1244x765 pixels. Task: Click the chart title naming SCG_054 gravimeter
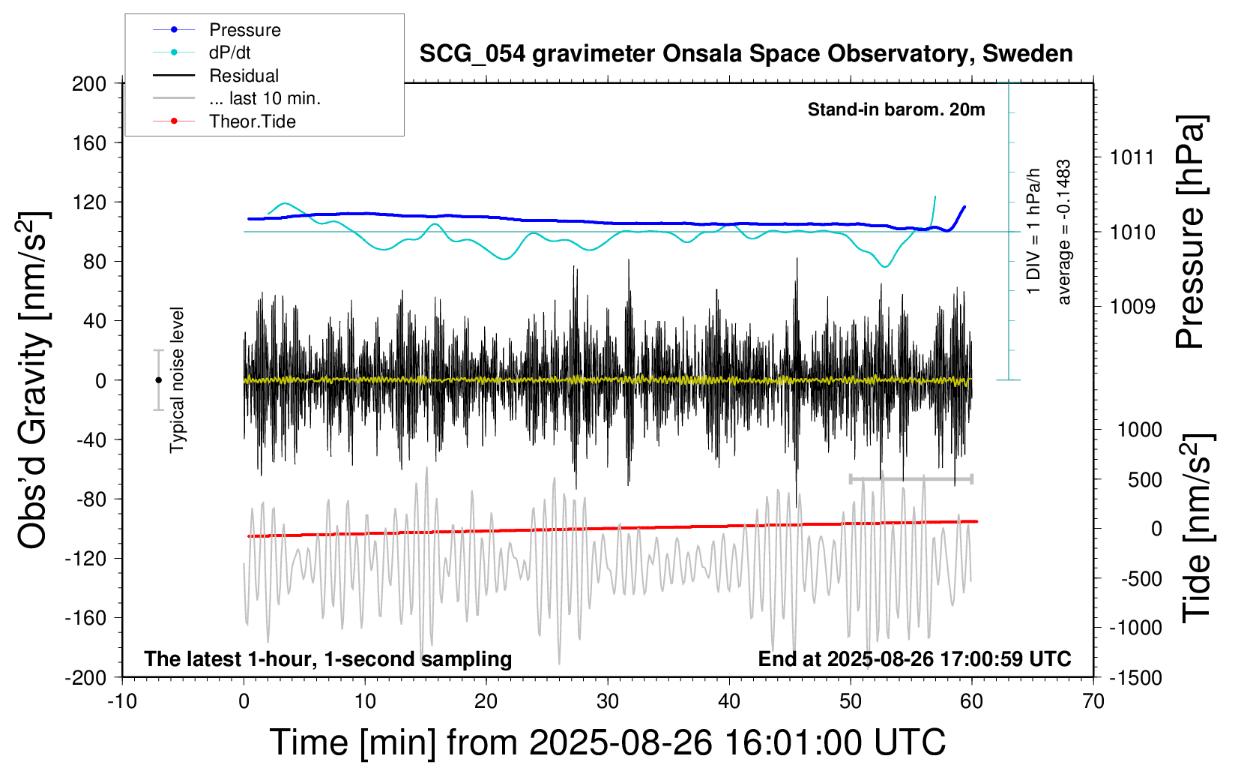746,54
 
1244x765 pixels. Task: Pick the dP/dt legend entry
229,52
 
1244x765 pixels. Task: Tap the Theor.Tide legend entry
252,121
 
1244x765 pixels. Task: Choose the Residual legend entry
244,76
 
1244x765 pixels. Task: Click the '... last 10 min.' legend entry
265,98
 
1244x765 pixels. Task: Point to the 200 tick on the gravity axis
89,83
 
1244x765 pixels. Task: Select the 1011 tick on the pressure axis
1132,157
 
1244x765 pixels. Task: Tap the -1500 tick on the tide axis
1135,678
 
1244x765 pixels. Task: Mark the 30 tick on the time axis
608,702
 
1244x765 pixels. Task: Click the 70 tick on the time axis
1093,702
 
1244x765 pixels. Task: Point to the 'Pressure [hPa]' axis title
1191,232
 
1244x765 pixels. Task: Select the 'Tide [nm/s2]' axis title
1197,528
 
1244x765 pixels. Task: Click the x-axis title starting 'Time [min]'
608,742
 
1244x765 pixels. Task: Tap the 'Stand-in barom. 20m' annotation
896,109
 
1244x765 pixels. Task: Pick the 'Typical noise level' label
177,379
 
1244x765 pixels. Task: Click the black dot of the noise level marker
158,380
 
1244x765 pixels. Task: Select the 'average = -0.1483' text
1064,232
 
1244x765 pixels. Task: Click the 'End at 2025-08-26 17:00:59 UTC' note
914,659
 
